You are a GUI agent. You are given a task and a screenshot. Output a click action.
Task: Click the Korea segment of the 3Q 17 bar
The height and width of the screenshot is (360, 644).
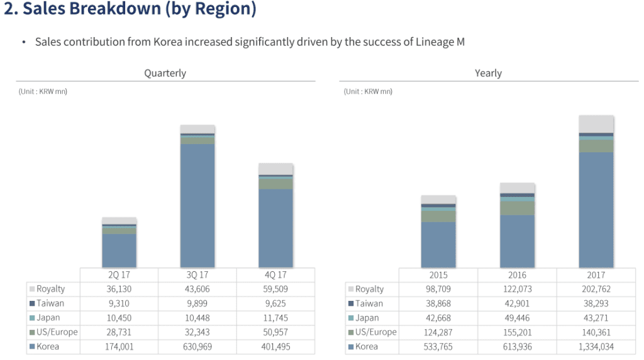pyautogui.click(x=197, y=205)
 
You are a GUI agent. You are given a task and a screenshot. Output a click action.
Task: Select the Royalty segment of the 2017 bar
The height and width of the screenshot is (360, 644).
pyautogui.click(x=596, y=124)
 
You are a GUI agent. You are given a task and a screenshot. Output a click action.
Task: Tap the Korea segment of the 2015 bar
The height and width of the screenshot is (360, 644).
pyautogui.click(x=438, y=245)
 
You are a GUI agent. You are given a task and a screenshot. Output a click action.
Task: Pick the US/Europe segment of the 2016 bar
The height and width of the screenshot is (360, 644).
pyautogui.click(x=517, y=208)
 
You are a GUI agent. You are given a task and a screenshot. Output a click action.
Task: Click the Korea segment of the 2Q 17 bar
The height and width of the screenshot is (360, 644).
pyautogui.click(x=119, y=250)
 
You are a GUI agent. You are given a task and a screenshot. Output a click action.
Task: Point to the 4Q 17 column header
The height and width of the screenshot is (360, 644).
pyautogui.click(x=275, y=275)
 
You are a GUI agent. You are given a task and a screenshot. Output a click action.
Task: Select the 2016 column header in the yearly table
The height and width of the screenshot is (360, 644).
pyautogui.click(x=517, y=275)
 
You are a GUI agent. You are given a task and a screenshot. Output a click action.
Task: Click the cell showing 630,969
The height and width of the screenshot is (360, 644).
pyautogui.click(x=197, y=346)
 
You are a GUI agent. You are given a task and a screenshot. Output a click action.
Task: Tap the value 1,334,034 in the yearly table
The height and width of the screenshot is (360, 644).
pyautogui.click(x=596, y=346)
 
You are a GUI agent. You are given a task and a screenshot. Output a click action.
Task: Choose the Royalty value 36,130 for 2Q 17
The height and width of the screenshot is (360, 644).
pyautogui.click(x=119, y=290)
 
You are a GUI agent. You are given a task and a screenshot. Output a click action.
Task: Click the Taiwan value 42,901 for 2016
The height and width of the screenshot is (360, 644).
pyautogui.click(x=517, y=303)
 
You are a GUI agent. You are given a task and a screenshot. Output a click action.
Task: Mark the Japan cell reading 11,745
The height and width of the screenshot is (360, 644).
pyautogui.click(x=275, y=318)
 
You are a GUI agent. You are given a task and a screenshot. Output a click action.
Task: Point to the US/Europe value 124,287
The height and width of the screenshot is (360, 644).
pyautogui.click(x=438, y=332)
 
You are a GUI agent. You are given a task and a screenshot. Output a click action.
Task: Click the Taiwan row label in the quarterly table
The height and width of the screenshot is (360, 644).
pyautogui.click(x=50, y=303)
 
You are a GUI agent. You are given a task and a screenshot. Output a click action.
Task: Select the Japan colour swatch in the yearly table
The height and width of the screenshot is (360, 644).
pyautogui.click(x=350, y=318)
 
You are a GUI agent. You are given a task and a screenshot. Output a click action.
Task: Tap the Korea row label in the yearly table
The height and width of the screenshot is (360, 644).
pyautogui.click(x=367, y=346)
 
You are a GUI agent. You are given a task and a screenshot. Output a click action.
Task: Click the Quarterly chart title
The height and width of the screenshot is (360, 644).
pyautogui.click(x=165, y=73)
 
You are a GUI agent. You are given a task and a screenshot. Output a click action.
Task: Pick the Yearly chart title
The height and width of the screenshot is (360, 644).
pyautogui.click(x=488, y=73)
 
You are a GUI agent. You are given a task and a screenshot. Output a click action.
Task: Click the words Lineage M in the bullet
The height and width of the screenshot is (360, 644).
pyautogui.click(x=440, y=42)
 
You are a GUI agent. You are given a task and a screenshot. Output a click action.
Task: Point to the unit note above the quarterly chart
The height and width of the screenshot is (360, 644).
pyautogui.click(x=43, y=91)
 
